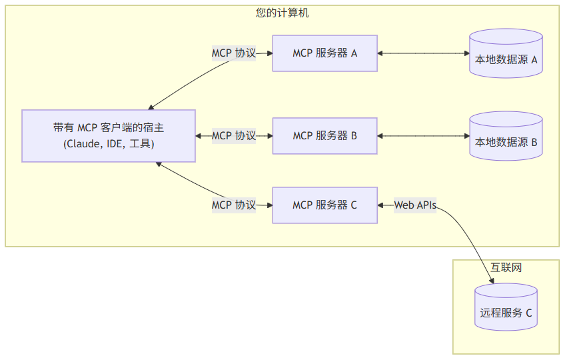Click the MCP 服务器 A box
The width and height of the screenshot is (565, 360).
tap(324, 53)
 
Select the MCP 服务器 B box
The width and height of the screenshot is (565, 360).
tap(324, 136)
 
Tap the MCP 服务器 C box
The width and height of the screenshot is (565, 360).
tap(324, 205)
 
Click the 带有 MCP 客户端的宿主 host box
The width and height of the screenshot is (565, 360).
tap(109, 136)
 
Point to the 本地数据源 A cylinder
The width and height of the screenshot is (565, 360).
tap(506, 53)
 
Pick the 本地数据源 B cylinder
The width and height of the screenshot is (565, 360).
tap(506, 136)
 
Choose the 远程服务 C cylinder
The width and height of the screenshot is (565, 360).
tap(506, 309)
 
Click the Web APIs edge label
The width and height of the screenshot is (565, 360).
tap(415, 205)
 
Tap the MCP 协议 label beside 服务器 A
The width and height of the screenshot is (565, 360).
tap(234, 53)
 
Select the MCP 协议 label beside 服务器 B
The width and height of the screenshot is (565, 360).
tap(234, 136)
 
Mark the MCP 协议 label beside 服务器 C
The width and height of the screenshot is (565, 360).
tap(234, 205)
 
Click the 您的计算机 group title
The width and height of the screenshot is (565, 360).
tap(282, 13)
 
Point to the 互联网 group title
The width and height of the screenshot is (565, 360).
tap(506, 267)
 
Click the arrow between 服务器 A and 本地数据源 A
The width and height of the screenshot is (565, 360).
tap(424, 53)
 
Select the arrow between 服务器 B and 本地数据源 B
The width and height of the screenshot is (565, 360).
tap(424, 136)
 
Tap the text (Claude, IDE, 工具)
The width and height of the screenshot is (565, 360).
tap(109, 144)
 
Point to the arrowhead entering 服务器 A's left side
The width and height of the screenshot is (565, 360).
tap(269, 53)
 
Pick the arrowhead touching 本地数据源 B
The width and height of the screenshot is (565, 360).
tap(466, 136)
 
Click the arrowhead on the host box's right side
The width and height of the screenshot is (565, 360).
tap(199, 136)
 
